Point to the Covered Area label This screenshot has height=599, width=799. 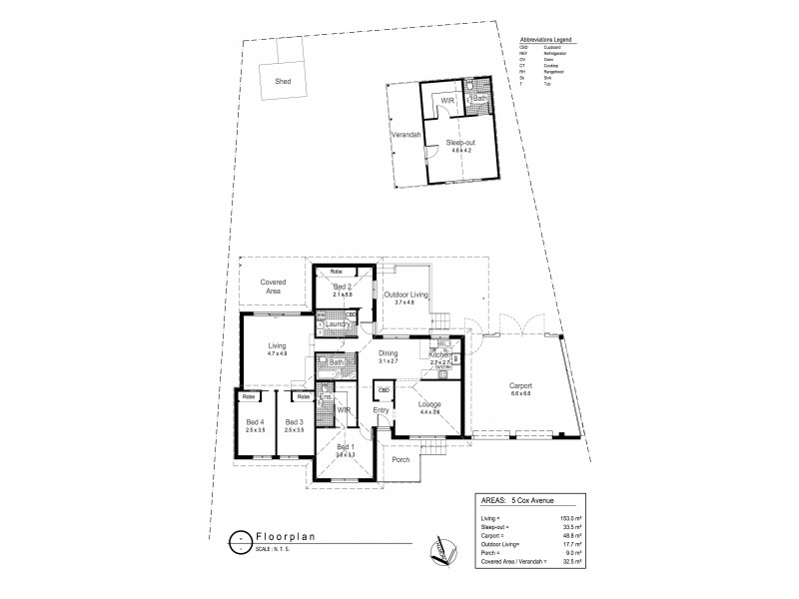click(x=274, y=286)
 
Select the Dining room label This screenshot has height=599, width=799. click(x=388, y=352)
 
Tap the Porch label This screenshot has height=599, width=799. click(x=402, y=460)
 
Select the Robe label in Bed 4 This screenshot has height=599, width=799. click(x=248, y=396)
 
